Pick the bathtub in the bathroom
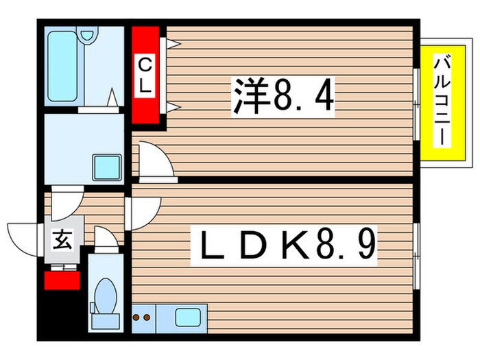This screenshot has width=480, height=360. pos(63,67)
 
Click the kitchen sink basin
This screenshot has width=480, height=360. pos(187,317)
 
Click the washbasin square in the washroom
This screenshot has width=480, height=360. pos(107,167)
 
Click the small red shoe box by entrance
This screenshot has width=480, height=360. pos(62,279)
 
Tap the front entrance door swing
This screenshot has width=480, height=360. pos(23,237)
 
